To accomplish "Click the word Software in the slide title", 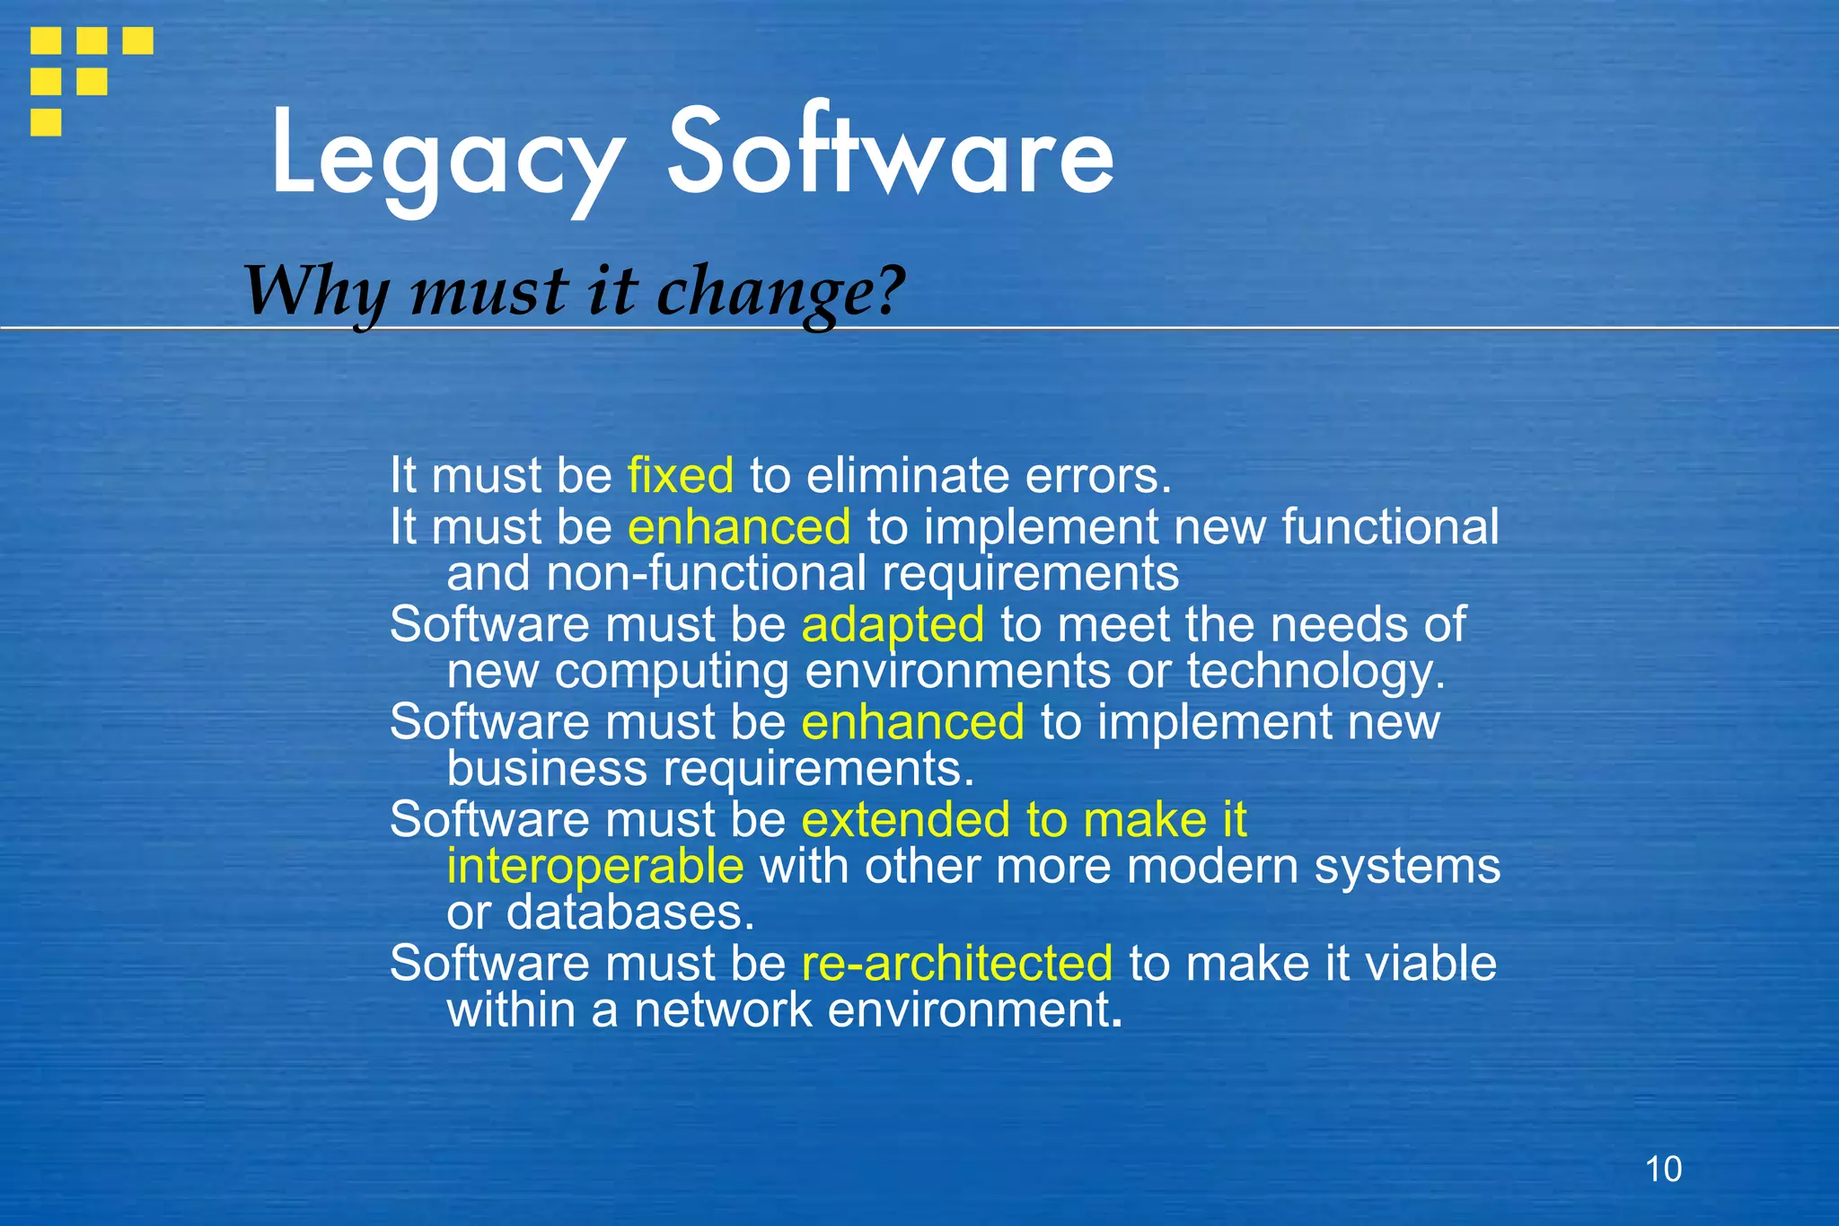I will pos(889,153).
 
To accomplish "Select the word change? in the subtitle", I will pos(780,293).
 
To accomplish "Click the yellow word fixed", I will pos(681,475).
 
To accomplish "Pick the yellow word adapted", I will pos(893,624).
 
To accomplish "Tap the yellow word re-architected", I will pos(957,963).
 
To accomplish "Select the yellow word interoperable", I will pos(595,866).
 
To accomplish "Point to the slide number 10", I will pos(1663,1169).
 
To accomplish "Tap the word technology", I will pos(1315,672).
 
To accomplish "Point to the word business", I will pos(547,769).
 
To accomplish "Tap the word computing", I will pos(672,672).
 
